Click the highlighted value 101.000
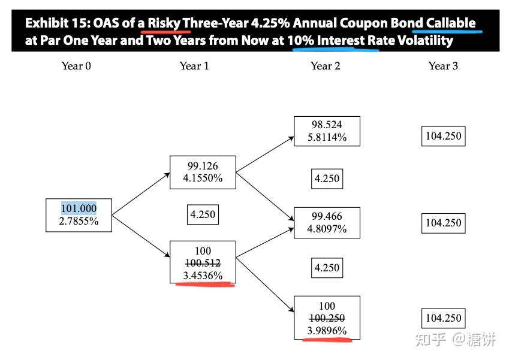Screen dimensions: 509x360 (79, 208)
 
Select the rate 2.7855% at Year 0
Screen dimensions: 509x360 (79, 221)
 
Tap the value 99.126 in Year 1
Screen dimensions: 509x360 (203, 166)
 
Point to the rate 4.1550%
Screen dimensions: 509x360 (203, 178)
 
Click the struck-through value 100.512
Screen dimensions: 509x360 (203, 263)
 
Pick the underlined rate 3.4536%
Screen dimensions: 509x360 (203, 276)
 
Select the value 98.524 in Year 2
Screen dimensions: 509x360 (327, 125)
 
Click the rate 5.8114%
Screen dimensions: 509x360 (327, 137)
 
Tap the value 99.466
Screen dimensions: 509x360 (327, 216)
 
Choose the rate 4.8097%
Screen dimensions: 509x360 (327, 229)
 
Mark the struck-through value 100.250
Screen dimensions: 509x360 (327, 318)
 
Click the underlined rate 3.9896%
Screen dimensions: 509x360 (327, 331)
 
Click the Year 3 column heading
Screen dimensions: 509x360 (443, 66)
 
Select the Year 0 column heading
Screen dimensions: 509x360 (76, 66)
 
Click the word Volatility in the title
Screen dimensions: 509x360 (425, 41)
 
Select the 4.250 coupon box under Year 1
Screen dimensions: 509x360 (203, 214)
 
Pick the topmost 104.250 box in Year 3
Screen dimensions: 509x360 (444, 136)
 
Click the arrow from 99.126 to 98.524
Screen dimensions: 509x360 (265, 155)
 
